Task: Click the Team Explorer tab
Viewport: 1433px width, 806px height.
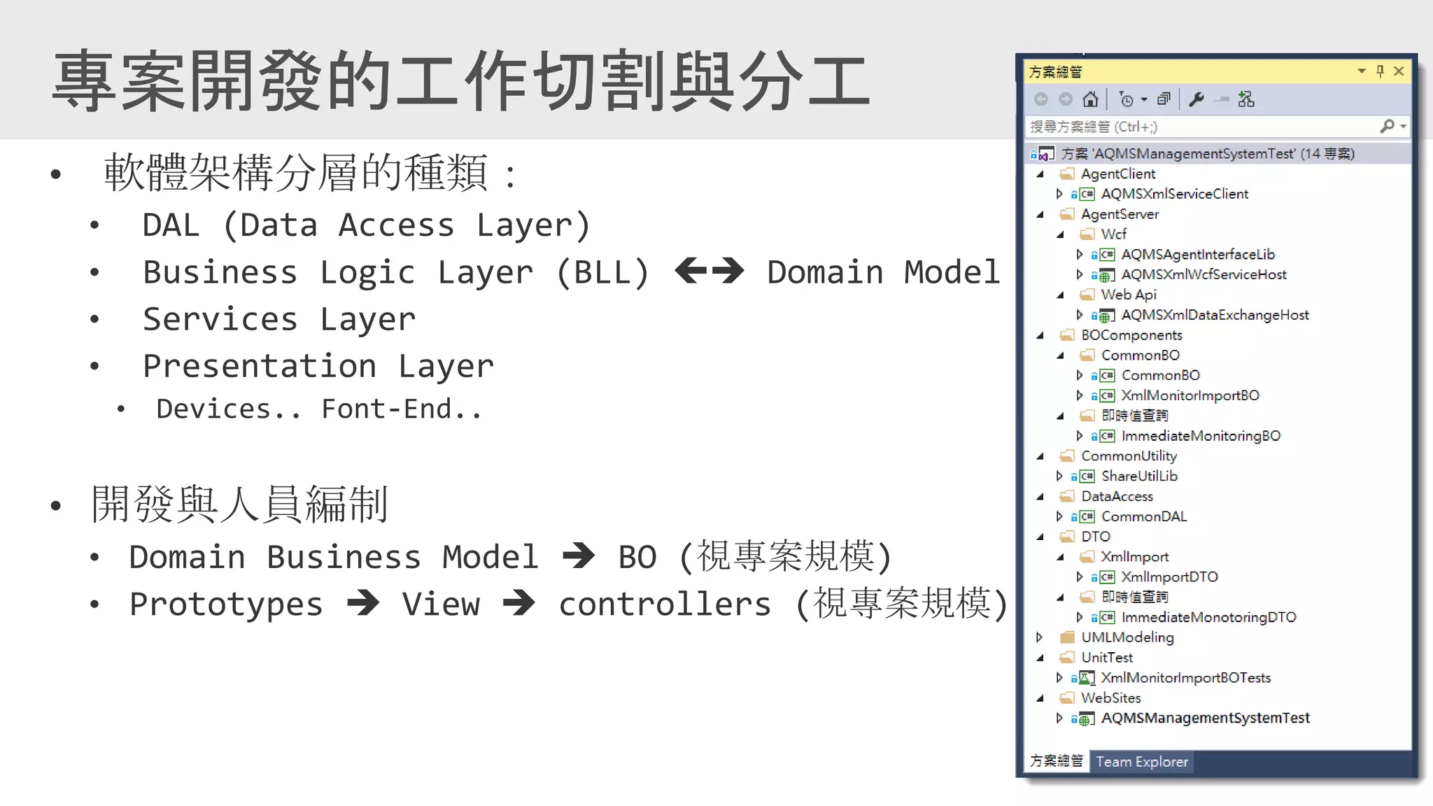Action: pyautogui.click(x=1142, y=761)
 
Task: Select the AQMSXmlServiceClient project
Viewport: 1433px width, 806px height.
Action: pyautogui.click(x=1174, y=194)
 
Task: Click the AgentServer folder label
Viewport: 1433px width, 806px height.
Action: pyautogui.click(x=1120, y=214)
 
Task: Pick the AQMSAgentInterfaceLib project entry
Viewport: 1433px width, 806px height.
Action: pyautogui.click(x=1198, y=255)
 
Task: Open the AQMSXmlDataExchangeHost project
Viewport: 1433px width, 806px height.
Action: pyautogui.click(x=1215, y=315)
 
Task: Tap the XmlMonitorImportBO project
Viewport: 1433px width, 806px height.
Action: pyautogui.click(x=1190, y=395)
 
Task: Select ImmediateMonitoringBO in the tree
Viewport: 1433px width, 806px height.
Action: pyautogui.click(x=1201, y=436)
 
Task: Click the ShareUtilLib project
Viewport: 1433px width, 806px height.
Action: pyautogui.click(x=1139, y=476)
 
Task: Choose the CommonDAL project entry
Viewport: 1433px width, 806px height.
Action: pyautogui.click(x=1144, y=516)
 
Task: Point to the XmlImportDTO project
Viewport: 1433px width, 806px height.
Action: pyautogui.click(x=1169, y=577)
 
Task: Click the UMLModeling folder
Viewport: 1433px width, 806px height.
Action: pyautogui.click(x=1127, y=637)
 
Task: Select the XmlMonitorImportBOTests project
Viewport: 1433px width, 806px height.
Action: pyautogui.click(x=1185, y=677)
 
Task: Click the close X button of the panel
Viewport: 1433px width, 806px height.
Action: pyautogui.click(x=1399, y=71)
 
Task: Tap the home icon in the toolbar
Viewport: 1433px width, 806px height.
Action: pyautogui.click(x=1090, y=99)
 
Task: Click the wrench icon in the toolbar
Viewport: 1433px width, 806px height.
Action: pyautogui.click(x=1196, y=99)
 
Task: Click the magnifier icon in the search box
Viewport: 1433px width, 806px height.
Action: pyautogui.click(x=1387, y=126)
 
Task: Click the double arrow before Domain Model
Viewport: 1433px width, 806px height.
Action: pyautogui.click(x=709, y=271)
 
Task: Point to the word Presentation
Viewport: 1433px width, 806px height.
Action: pyautogui.click(x=260, y=366)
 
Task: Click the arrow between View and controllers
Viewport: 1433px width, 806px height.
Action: pyautogui.click(x=518, y=603)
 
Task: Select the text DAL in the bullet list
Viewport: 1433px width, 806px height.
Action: pyautogui.click(x=171, y=225)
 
